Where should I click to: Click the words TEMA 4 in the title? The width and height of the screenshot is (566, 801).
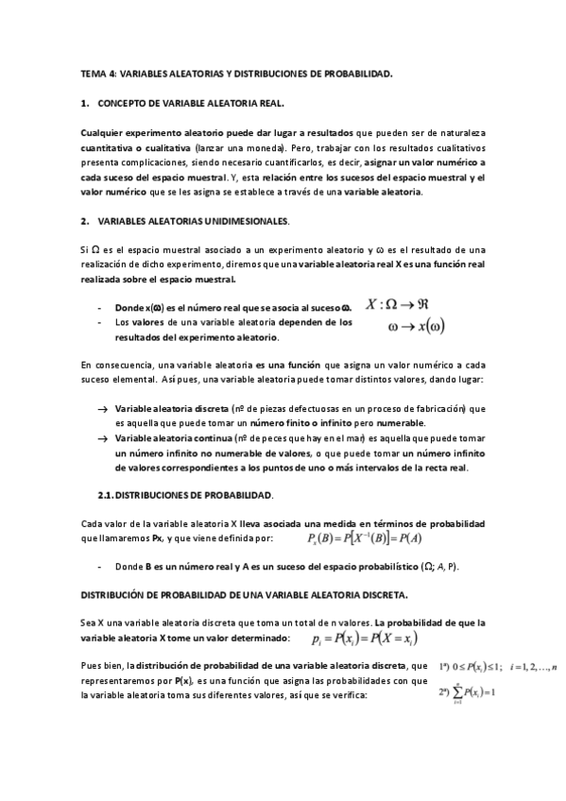[x=94, y=73]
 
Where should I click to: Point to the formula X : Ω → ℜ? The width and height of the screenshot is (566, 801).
[x=411, y=305]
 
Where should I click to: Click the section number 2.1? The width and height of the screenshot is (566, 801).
[x=106, y=495]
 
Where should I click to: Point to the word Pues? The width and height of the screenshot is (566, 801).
[x=90, y=666]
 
